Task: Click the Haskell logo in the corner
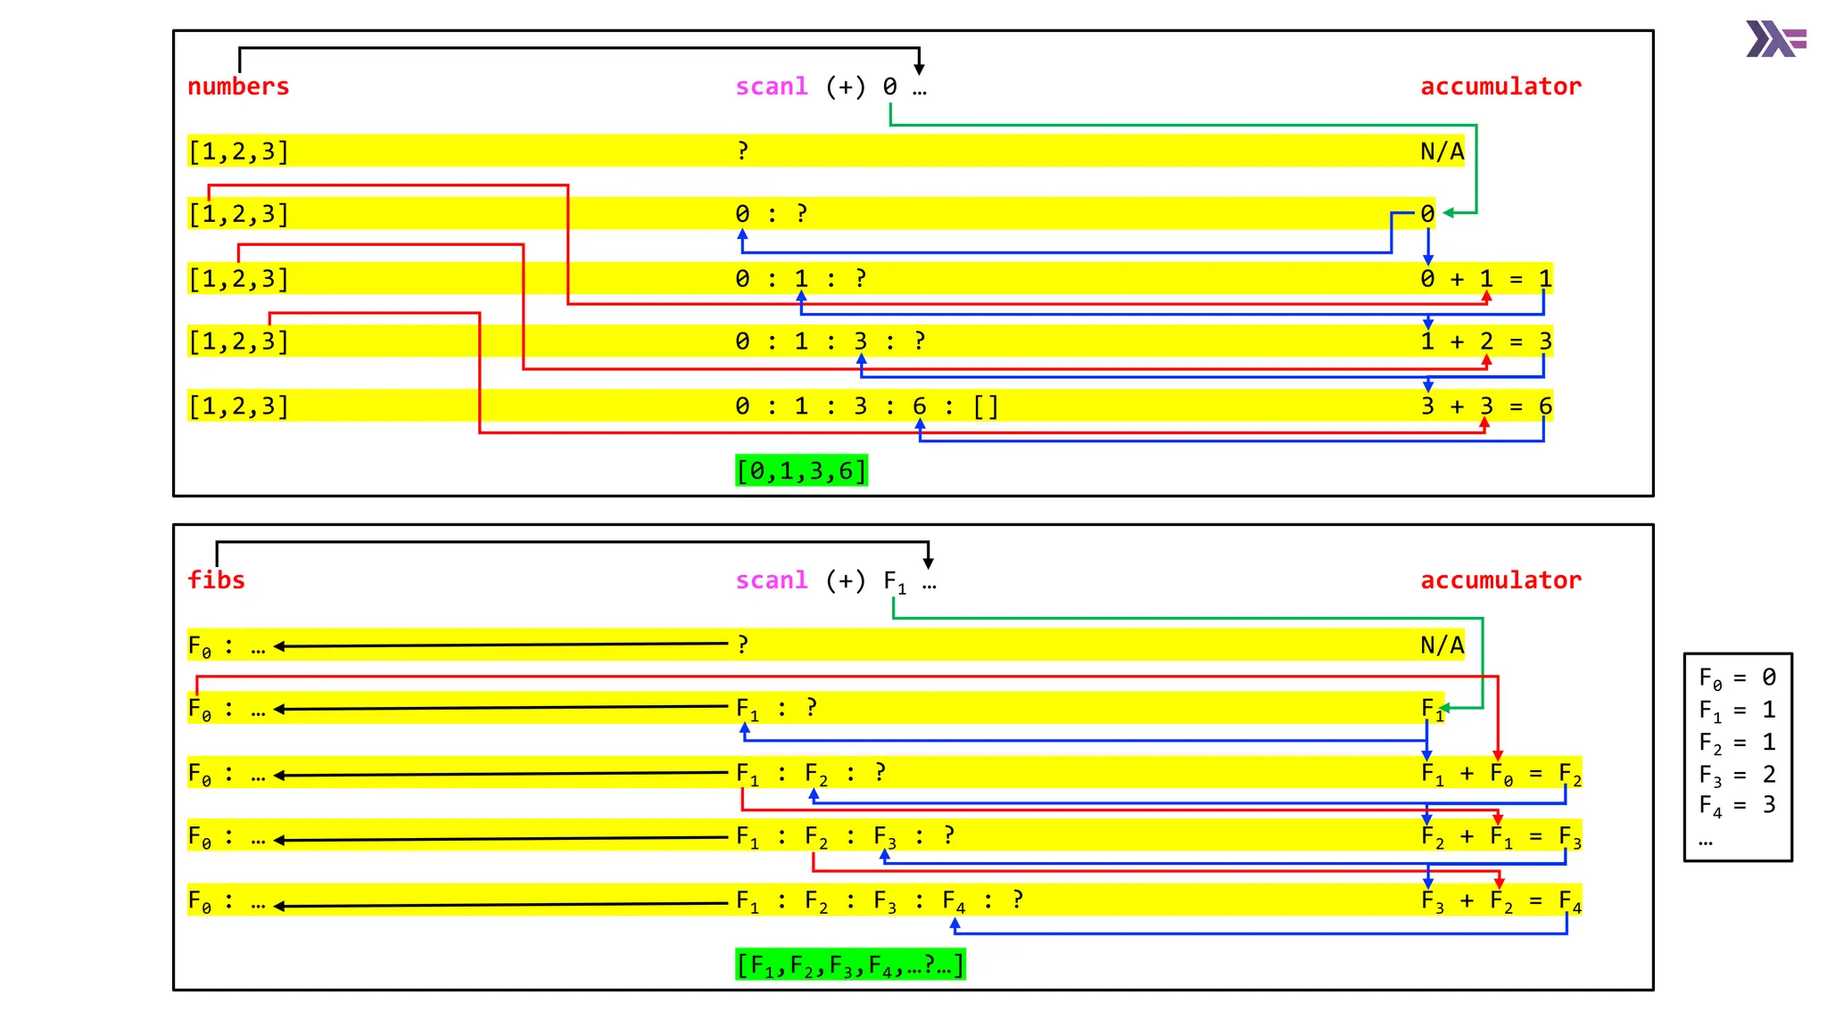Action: pos(1775,39)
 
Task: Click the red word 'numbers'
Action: pos(238,86)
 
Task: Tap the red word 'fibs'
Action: pos(216,580)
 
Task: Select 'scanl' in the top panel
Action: pos(771,86)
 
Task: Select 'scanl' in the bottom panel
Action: pos(771,580)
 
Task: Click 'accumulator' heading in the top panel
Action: pos(1500,86)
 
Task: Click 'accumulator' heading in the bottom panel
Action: pos(1500,580)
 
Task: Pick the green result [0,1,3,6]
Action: pos(801,471)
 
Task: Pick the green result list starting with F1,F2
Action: pos(850,965)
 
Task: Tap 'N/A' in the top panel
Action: pos(1442,152)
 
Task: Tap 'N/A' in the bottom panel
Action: pos(1442,645)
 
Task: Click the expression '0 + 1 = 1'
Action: pos(1486,279)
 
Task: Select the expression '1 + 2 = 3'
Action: pos(1486,341)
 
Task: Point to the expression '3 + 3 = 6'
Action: pos(1486,407)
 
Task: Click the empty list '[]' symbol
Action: pos(986,407)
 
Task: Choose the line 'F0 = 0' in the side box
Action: pos(1737,678)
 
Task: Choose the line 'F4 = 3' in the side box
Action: pos(1737,806)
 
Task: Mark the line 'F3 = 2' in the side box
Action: pos(1737,775)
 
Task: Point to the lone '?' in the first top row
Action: pos(742,152)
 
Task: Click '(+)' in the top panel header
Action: pos(845,86)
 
